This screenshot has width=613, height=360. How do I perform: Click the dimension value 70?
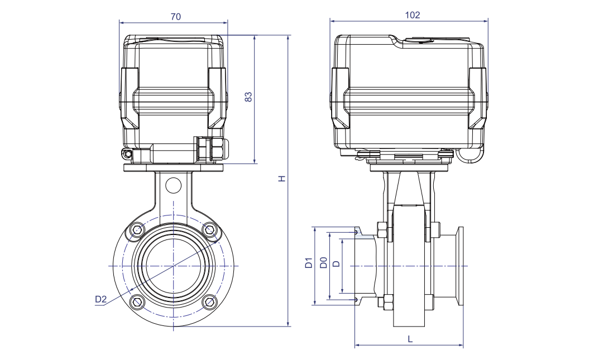tap(175, 17)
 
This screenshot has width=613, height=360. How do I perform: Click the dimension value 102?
tap(413, 15)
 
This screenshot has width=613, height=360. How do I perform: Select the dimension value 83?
tap(249, 97)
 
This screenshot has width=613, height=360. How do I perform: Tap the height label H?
tap(282, 179)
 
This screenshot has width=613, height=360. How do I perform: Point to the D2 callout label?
tap(100, 299)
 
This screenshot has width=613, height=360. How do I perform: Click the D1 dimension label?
tap(308, 263)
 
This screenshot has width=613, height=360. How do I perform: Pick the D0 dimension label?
tap(323, 263)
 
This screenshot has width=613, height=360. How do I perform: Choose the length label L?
tap(410, 339)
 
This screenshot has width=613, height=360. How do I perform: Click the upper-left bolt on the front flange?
tap(137, 230)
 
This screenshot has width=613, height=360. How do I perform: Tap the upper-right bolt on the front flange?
tap(209, 229)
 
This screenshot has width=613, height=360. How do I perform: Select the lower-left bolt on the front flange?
tap(137, 302)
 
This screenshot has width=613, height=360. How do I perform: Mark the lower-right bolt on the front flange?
tap(209, 302)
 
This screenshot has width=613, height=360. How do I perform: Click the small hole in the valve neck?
tap(174, 185)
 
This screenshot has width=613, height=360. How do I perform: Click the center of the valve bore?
tap(174, 266)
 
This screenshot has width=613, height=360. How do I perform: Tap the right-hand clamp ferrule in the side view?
tap(461, 266)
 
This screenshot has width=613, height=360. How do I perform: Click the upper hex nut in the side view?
tap(382, 229)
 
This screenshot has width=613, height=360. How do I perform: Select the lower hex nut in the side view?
tap(382, 303)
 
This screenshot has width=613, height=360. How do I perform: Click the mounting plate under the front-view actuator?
tap(174, 168)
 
